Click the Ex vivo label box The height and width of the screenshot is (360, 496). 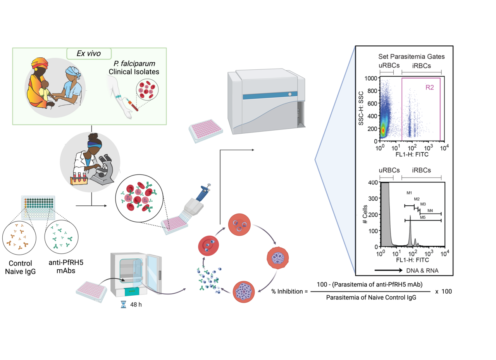[x=90, y=53]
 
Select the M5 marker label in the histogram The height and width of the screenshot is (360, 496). [x=423, y=218]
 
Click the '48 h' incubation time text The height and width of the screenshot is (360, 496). [x=135, y=305]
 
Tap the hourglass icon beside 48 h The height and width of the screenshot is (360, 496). [x=124, y=305]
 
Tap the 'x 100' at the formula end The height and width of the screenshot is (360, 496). [x=443, y=291]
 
